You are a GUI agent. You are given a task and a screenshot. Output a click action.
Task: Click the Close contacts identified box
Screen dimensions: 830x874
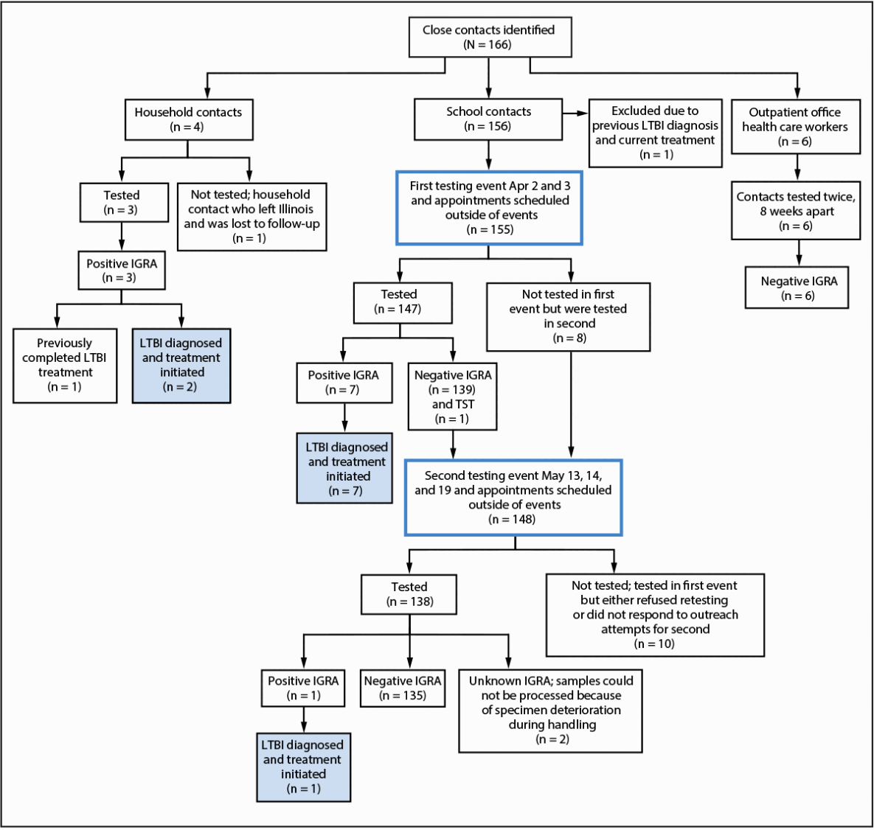[x=490, y=38]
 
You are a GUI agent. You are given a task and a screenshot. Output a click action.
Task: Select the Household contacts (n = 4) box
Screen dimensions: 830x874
[x=188, y=119]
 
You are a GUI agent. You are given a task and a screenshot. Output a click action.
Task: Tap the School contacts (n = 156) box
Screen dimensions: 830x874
[x=488, y=119]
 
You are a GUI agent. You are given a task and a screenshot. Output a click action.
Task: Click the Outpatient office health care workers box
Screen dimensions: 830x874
[x=795, y=127]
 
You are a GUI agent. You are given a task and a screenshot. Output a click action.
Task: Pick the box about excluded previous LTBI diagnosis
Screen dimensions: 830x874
[x=655, y=133]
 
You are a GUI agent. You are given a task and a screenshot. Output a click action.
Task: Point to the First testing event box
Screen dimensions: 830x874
[x=490, y=207]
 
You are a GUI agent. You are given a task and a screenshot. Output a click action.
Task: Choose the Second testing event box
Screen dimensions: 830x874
[x=514, y=498]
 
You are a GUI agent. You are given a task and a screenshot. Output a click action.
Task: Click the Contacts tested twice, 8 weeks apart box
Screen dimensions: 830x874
[x=795, y=212]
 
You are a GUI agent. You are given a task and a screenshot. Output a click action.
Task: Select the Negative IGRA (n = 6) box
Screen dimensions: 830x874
[x=797, y=288]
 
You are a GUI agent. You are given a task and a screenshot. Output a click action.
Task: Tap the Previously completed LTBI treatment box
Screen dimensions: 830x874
[x=65, y=366]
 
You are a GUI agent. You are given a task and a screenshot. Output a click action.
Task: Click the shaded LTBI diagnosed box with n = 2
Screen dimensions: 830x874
[x=181, y=366]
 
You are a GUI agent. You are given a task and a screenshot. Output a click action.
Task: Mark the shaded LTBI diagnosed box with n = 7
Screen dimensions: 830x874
[x=345, y=469]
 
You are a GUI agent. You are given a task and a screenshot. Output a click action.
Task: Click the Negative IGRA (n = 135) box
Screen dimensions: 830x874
[x=403, y=688]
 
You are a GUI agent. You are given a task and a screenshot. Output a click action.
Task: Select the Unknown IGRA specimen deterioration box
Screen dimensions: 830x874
[x=550, y=710]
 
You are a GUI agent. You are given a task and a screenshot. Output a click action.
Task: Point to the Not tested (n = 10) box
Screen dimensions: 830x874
[x=654, y=615]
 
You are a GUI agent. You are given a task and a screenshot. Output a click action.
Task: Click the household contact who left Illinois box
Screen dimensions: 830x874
[x=252, y=217]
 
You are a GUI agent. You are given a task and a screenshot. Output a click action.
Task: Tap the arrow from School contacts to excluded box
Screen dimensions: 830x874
[x=576, y=113]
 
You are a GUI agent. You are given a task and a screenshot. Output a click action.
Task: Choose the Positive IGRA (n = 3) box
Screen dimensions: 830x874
[x=122, y=271]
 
